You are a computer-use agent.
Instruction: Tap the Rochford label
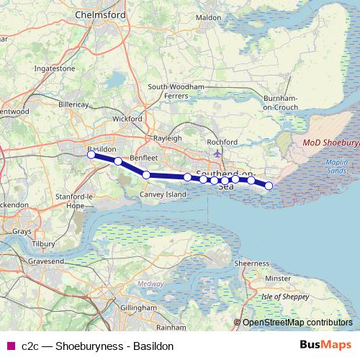pos(221,142)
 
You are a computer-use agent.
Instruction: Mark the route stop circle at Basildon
pos(91,154)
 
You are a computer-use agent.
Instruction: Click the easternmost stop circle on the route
pos(269,186)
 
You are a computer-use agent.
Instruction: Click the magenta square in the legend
pos(9,346)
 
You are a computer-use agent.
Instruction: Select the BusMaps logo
pos(325,346)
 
